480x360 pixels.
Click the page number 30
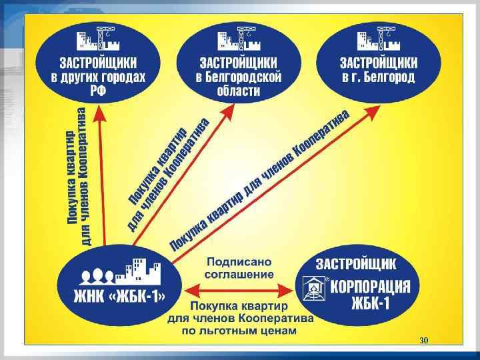click(x=423, y=341)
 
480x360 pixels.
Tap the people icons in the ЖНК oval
click(x=95, y=275)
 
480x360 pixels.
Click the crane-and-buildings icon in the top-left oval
click(x=98, y=40)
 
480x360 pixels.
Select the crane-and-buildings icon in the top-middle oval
click(x=238, y=40)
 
